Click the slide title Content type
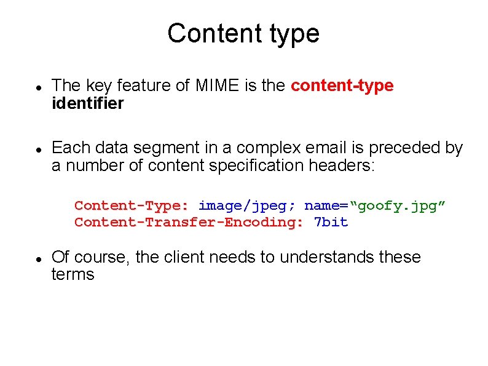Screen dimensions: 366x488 (x=243, y=33)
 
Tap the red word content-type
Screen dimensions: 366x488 (x=342, y=86)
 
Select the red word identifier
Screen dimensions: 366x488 (x=87, y=103)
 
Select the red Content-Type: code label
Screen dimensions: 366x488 (x=132, y=205)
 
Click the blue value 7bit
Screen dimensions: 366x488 (x=331, y=222)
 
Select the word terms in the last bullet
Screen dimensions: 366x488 (x=73, y=274)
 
